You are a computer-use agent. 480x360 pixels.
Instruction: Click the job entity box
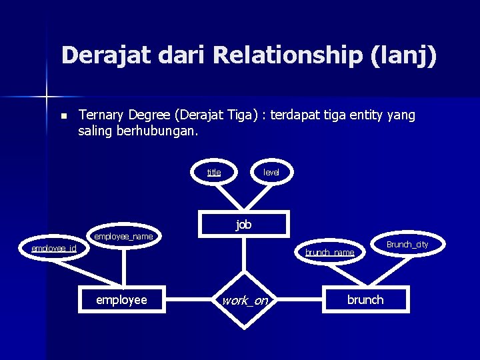tap(244, 225)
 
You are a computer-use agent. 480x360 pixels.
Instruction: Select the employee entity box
tap(121, 299)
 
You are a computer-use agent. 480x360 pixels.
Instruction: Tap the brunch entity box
tap(365, 299)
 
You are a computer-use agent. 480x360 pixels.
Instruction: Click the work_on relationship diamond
tap(245, 301)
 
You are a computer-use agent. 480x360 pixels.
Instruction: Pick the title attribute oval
tap(214, 172)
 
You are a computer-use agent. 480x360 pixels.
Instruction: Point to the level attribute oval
tap(271, 172)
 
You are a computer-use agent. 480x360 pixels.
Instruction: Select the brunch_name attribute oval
tap(329, 253)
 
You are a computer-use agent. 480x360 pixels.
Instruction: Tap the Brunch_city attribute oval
tap(407, 245)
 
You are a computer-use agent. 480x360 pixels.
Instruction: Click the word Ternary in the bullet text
tap(102, 115)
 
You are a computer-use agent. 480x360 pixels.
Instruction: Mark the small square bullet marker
tap(63, 116)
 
